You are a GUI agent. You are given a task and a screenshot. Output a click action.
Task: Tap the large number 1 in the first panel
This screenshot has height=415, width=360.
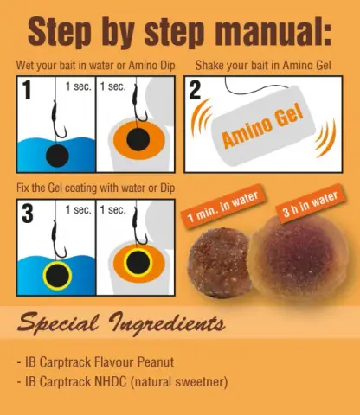(x=27, y=90)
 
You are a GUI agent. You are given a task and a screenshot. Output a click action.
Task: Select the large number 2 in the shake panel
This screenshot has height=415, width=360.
(x=195, y=90)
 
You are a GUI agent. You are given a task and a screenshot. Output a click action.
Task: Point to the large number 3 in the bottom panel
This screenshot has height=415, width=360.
(x=28, y=214)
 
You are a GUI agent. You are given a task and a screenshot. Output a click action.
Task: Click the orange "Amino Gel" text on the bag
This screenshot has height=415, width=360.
(x=262, y=125)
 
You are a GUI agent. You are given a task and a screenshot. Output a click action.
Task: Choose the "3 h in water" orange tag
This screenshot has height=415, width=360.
(x=311, y=204)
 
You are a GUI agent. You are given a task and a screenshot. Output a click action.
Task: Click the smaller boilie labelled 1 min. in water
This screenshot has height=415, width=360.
(x=218, y=263)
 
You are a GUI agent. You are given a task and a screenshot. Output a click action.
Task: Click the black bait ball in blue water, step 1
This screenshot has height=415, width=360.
(x=57, y=156)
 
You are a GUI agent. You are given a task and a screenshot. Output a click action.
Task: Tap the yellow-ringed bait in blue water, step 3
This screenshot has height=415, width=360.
(x=57, y=276)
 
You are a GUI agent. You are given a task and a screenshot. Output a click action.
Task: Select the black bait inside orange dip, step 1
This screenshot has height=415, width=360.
(x=138, y=139)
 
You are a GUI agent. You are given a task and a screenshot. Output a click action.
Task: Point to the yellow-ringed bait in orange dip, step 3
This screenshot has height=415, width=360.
(x=138, y=263)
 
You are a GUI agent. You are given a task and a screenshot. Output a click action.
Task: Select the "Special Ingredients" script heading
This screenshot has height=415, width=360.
(x=121, y=323)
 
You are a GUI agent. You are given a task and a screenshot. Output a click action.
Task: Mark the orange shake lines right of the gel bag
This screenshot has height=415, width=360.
(x=326, y=137)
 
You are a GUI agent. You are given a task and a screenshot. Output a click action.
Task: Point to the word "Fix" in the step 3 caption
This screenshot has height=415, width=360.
(x=22, y=188)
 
